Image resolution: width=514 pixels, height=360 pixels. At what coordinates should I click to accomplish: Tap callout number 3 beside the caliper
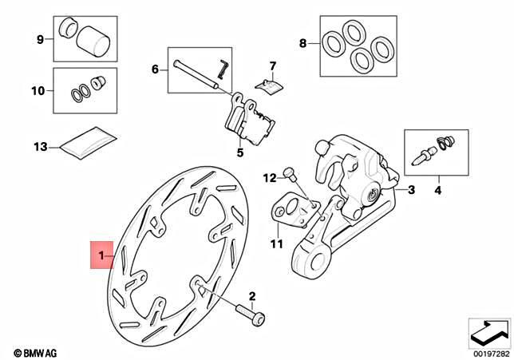pyautogui.click(x=411, y=190)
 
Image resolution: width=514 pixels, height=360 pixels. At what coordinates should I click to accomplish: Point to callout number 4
pyautogui.click(x=437, y=191)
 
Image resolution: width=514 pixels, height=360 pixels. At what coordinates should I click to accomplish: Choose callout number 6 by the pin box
pyautogui.click(x=156, y=69)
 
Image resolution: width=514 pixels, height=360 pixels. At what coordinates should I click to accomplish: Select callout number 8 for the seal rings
pyautogui.click(x=302, y=44)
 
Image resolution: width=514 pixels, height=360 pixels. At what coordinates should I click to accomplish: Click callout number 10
pyautogui.click(x=38, y=91)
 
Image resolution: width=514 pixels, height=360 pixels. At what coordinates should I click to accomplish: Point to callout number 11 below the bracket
pyautogui.click(x=276, y=244)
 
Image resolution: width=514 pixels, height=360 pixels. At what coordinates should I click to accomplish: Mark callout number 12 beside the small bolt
pyautogui.click(x=269, y=176)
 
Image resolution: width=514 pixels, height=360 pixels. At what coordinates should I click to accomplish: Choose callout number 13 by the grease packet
pyautogui.click(x=40, y=146)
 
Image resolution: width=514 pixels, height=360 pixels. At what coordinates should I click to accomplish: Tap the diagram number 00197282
pyautogui.click(x=488, y=352)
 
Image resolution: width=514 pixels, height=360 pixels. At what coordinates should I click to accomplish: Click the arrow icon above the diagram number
pyautogui.click(x=488, y=330)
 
